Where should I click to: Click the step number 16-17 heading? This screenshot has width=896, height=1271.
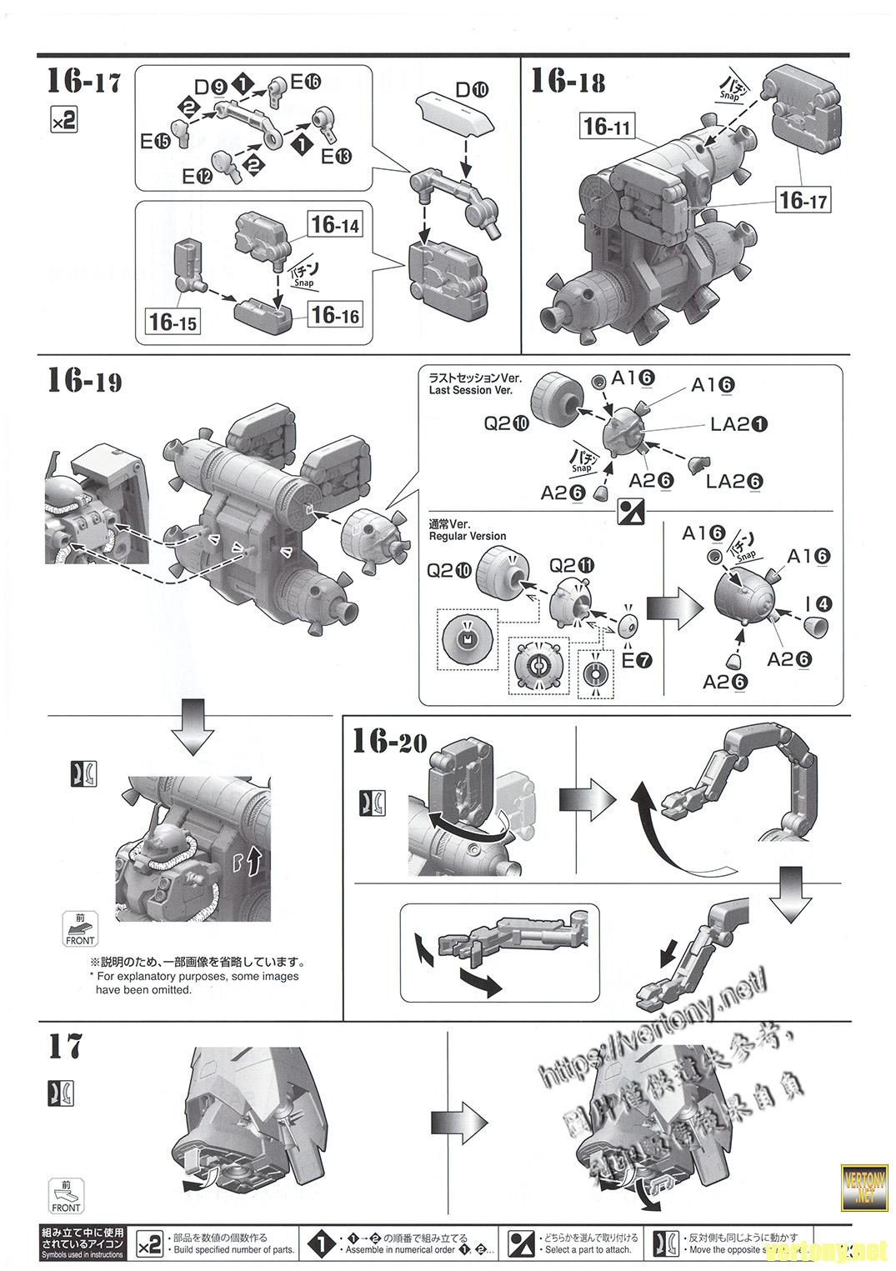pos(83,82)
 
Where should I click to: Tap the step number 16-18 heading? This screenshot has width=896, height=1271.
pos(568,82)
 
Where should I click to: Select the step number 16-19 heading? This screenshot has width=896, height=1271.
pos(84,381)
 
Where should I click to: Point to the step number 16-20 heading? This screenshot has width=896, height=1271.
pos(389,741)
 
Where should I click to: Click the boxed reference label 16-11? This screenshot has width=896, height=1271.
pos(607,127)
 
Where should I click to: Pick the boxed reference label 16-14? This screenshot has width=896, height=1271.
pos(335,224)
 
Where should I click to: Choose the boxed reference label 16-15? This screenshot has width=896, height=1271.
pos(173,322)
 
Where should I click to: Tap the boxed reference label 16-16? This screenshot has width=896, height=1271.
pos(335,314)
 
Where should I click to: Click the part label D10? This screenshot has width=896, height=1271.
pos(472,90)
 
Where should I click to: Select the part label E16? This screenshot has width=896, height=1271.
pos(305,82)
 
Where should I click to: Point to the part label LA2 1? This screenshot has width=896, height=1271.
pos(738,424)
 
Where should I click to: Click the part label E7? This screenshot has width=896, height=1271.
pos(637,661)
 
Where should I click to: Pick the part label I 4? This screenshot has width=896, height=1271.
pos(818,604)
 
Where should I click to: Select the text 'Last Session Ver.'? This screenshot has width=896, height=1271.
pos(470,390)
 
